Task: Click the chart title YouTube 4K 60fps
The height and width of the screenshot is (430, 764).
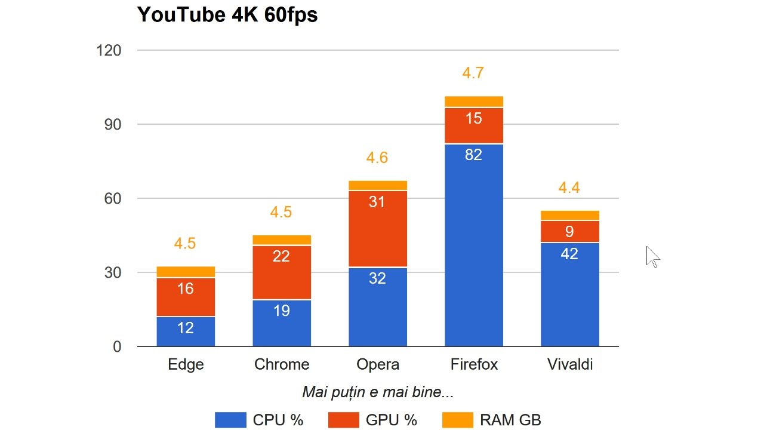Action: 227,14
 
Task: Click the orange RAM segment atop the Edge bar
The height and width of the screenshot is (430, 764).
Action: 186,272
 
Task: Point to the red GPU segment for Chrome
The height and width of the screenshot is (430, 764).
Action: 282,272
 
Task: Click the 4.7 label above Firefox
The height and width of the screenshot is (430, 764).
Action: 473,73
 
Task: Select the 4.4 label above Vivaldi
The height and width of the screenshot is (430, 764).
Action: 569,188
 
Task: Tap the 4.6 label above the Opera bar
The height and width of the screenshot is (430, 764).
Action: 377,158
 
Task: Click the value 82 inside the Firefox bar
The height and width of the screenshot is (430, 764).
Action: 474,155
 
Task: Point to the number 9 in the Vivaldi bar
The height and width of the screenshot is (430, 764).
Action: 570,231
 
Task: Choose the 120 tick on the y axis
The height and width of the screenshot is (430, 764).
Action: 109,51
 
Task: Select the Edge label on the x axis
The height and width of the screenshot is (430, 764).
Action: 186,364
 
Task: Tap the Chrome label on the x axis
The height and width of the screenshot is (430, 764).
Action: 282,364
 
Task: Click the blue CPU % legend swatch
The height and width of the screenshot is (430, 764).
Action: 230,420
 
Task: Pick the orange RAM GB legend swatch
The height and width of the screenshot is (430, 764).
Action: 457,420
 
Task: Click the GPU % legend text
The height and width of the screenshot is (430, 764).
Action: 392,420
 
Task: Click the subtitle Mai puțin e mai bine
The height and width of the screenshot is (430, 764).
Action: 378,392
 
